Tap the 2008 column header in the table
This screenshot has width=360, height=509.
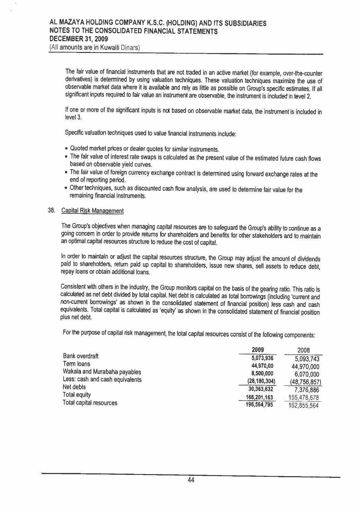pyautogui.click(x=301, y=351)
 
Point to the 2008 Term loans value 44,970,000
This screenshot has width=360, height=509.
pyautogui.click(x=303, y=367)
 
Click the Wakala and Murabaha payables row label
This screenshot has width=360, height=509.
pyautogui.click(x=102, y=372)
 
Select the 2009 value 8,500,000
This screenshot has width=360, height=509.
pyautogui.click(x=262, y=373)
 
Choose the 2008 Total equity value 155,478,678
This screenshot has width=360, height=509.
pyautogui.click(x=301, y=398)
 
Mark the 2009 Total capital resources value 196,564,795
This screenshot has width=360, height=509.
pyautogui.click(x=259, y=404)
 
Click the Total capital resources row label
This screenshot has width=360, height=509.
pyautogui.click(x=90, y=403)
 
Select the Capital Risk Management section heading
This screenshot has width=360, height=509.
pyautogui.click(x=92, y=211)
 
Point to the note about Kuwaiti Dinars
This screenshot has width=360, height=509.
pyautogui.click(x=94, y=47)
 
